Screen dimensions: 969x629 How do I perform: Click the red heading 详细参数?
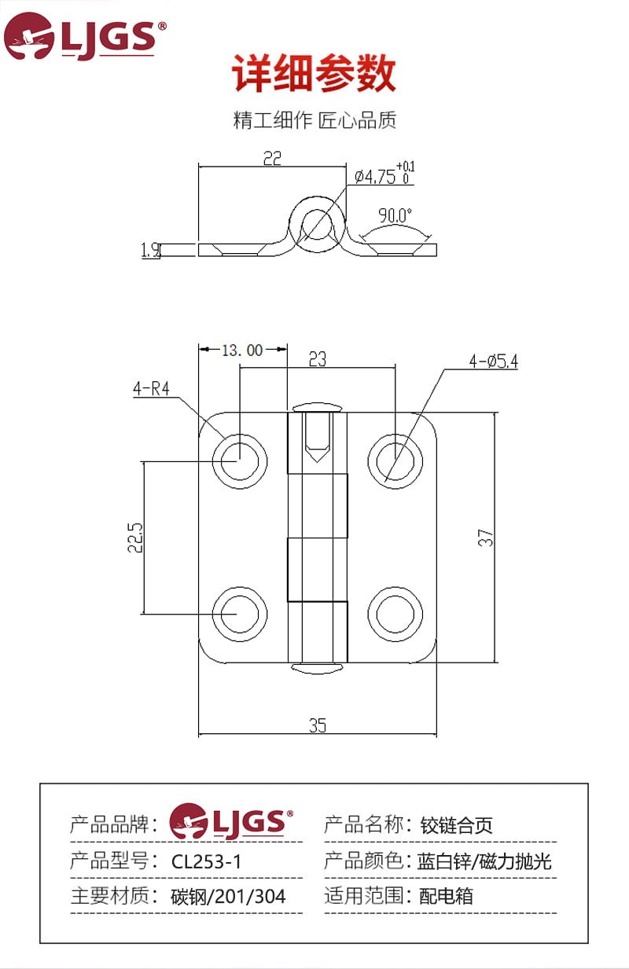tap(314, 75)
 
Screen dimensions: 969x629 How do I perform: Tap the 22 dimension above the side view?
tap(271, 158)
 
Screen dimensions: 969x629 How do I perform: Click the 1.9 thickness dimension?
tap(150, 251)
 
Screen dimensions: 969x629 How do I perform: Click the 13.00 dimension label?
tap(242, 351)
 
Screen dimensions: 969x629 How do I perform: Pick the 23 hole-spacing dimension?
tap(317, 359)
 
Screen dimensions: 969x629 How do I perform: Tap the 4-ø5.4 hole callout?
tap(494, 362)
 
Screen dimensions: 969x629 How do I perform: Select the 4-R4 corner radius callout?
tap(151, 389)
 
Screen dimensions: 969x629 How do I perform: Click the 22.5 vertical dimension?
tap(135, 538)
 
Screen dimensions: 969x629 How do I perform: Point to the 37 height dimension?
tap(487, 538)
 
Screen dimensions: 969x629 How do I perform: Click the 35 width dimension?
tap(317, 726)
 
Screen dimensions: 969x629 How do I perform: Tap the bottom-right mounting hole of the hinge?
tap(395, 613)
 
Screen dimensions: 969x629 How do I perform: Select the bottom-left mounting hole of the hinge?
tap(239, 613)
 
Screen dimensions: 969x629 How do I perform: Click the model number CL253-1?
tap(207, 861)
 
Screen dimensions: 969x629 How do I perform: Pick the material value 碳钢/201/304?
tap(228, 896)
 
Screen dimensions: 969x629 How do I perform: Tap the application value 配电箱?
tap(446, 896)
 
